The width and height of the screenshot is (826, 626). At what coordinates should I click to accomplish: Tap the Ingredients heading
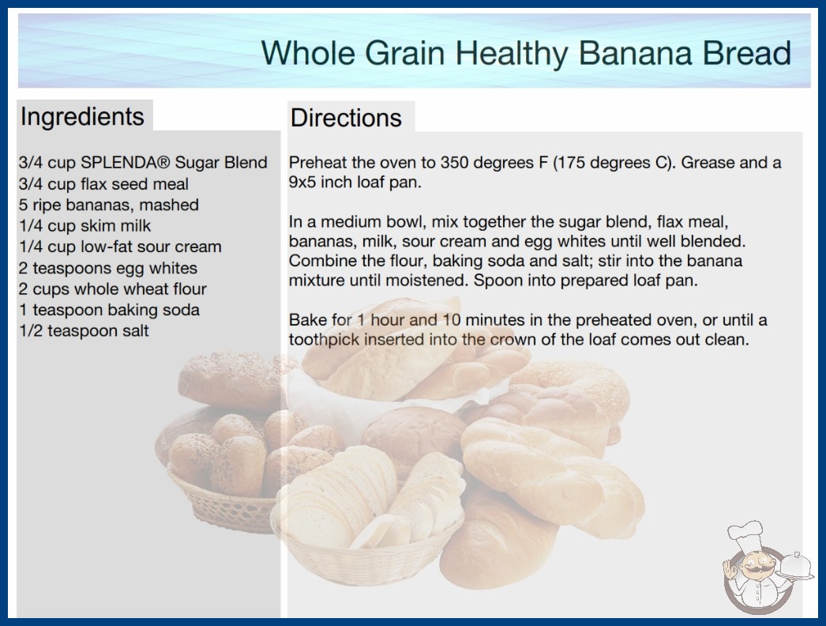(x=82, y=117)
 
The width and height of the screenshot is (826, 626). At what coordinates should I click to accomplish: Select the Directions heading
(x=346, y=118)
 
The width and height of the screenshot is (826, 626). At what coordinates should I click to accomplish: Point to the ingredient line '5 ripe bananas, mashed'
(x=108, y=205)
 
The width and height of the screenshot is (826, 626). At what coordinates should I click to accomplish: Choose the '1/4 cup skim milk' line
(x=84, y=226)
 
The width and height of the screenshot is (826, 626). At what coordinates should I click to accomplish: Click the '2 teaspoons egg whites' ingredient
(x=108, y=268)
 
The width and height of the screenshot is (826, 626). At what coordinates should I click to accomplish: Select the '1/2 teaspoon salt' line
(x=84, y=330)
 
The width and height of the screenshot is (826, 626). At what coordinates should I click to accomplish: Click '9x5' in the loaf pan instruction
(x=302, y=182)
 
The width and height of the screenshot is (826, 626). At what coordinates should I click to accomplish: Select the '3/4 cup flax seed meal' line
(x=103, y=183)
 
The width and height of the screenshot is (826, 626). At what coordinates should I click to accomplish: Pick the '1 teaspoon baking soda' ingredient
(x=109, y=310)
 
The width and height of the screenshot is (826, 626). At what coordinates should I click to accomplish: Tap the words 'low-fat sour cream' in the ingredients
(x=151, y=247)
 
